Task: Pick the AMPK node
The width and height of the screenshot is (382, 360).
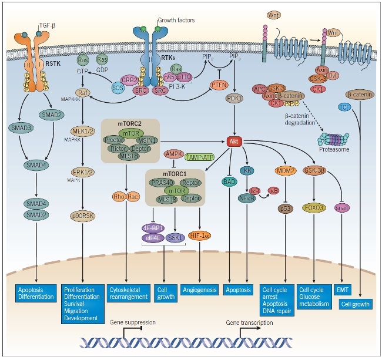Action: coord(173,153)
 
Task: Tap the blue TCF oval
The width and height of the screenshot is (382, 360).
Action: coord(344,106)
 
